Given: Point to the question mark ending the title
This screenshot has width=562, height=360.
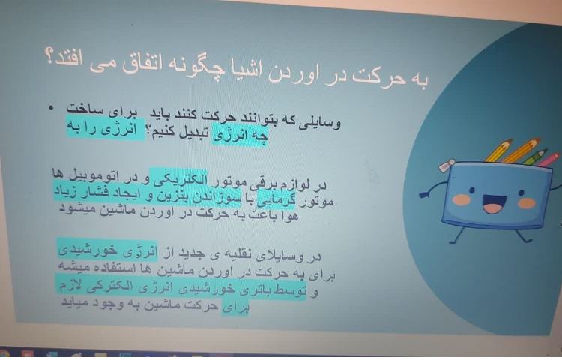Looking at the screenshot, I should click(50, 59).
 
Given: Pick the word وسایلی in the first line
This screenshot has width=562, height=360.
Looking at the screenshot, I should click(322, 122).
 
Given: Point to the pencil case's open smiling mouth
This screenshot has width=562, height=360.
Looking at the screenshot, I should click(493, 204).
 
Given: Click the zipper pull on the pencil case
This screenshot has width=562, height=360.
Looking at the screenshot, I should click(446, 166).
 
